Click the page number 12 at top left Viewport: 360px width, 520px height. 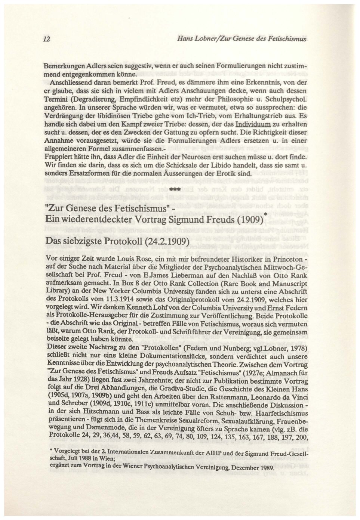(46, 39)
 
